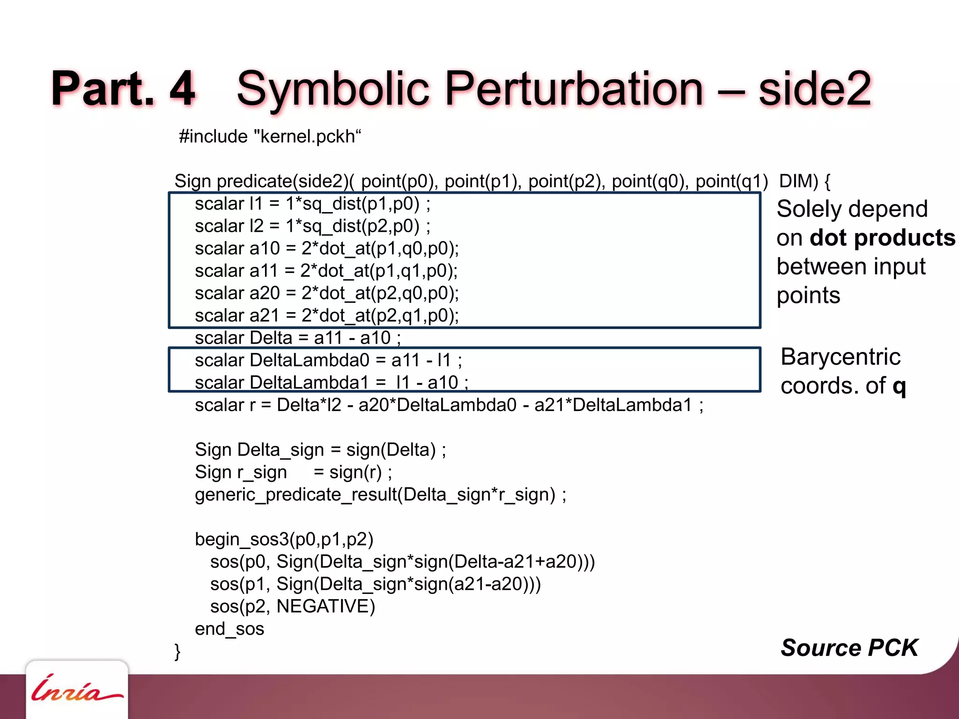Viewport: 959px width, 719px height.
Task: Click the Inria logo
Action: (x=76, y=689)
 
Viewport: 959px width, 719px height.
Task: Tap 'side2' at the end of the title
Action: (x=815, y=89)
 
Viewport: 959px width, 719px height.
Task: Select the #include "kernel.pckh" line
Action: (x=270, y=137)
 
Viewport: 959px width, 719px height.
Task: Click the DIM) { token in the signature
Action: (x=804, y=181)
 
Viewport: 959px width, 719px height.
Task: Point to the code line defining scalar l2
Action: (x=312, y=226)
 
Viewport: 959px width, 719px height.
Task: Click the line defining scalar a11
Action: (x=326, y=271)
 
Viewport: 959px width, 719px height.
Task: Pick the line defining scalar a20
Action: (x=327, y=293)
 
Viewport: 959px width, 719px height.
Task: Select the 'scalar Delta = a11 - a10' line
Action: (x=297, y=338)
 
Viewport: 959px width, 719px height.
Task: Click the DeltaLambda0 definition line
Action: (x=328, y=360)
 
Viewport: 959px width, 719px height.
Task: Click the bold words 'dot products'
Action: (x=882, y=238)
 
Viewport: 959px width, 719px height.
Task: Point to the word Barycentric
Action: (x=841, y=357)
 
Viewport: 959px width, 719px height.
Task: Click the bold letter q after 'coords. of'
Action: (x=899, y=387)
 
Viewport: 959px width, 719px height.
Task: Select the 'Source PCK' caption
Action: (x=849, y=648)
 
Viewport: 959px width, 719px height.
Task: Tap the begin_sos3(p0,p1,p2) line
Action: (x=284, y=540)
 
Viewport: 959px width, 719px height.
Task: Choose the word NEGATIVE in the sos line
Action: (x=325, y=607)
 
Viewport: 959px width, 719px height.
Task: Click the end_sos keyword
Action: (x=229, y=629)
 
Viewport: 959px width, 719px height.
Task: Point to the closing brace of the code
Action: (x=177, y=651)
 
